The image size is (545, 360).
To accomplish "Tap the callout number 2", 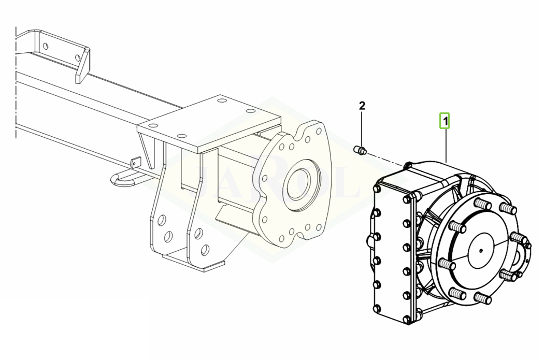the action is (362, 105).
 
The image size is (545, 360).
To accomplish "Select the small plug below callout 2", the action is (360, 150).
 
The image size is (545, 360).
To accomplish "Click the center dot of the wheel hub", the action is (481, 251).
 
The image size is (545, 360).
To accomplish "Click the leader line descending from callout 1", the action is (446, 145).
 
